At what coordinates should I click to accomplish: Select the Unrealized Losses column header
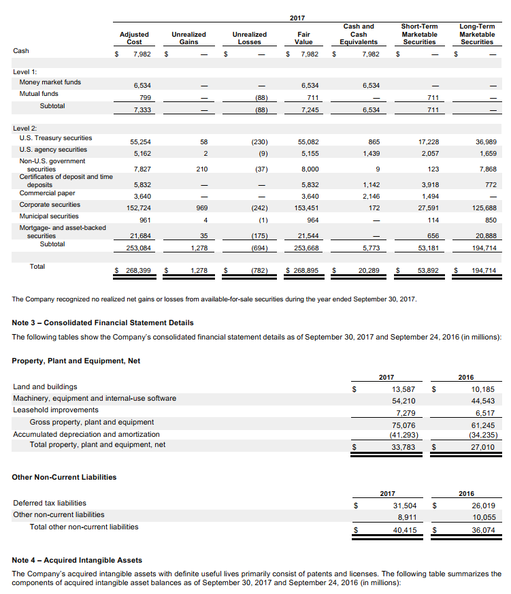click(250, 37)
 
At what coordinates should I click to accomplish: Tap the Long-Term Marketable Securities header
click(477, 34)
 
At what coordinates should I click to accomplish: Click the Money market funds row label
click(50, 82)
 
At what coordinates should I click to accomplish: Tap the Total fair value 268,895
click(305, 271)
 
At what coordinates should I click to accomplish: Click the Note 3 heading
click(103, 323)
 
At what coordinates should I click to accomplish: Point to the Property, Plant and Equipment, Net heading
click(77, 360)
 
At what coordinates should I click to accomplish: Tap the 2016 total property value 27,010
click(482, 446)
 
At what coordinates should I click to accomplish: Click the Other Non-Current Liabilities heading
click(64, 477)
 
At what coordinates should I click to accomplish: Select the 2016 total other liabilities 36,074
click(482, 528)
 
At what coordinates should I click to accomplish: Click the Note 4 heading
click(77, 560)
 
